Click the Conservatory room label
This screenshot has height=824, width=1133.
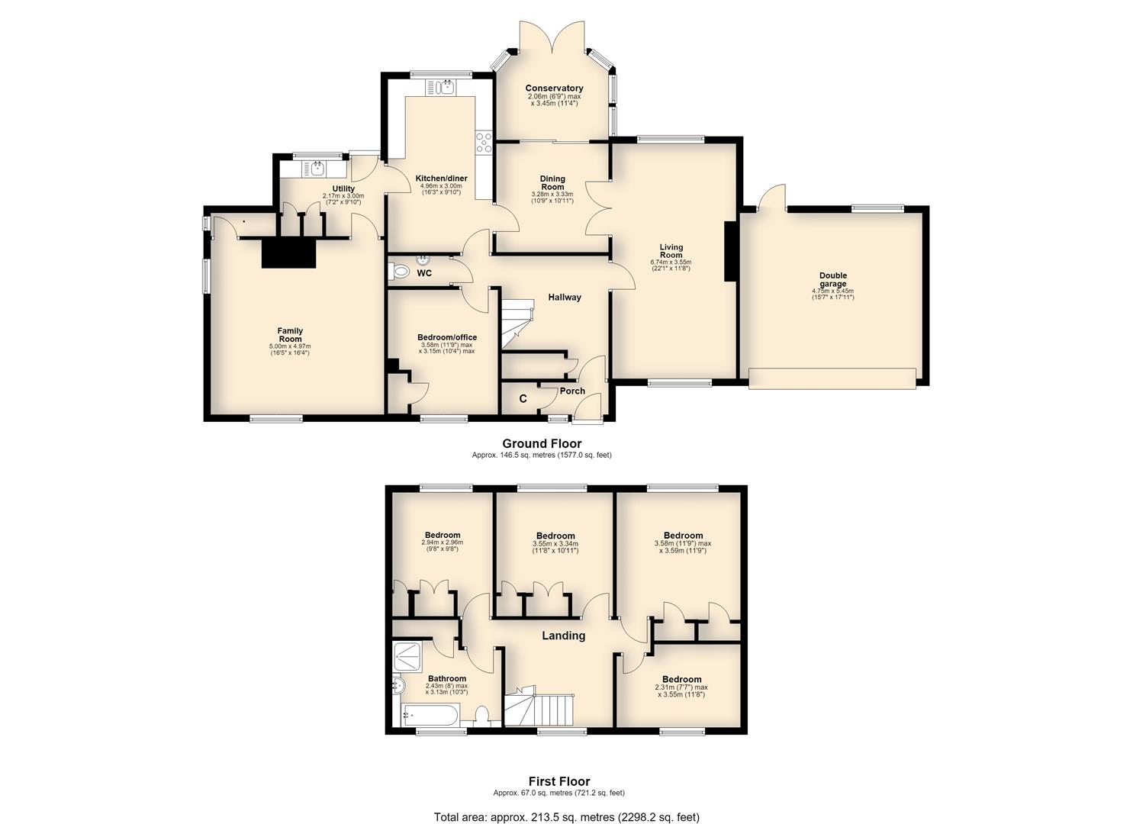[x=554, y=88]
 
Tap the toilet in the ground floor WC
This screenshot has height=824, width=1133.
[x=399, y=271]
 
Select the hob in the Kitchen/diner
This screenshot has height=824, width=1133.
[x=484, y=142]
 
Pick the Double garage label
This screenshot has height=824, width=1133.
[x=833, y=279]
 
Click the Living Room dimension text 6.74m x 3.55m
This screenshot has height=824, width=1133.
[x=671, y=262]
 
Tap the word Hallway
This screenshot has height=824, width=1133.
[x=565, y=298]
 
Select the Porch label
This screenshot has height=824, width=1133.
[x=572, y=391]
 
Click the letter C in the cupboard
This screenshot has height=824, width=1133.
[x=523, y=399]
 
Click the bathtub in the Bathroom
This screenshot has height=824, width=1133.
[x=430, y=715]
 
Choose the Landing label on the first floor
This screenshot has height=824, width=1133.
[x=564, y=636]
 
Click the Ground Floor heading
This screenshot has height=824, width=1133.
[x=542, y=443]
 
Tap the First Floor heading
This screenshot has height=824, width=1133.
[x=559, y=781]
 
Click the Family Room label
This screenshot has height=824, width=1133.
[x=290, y=335]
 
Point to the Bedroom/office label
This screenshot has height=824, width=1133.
[x=447, y=337]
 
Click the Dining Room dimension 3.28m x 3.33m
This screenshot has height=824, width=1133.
[x=552, y=194]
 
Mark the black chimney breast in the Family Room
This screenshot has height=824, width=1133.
[x=288, y=253]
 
